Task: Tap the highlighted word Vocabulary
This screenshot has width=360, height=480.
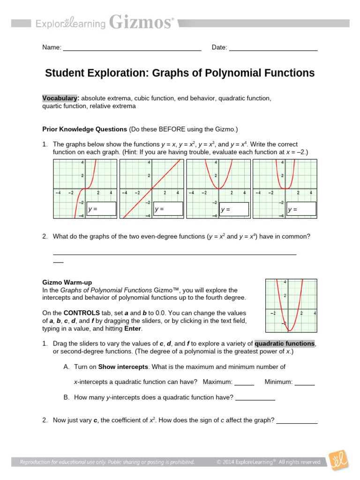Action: point(60,98)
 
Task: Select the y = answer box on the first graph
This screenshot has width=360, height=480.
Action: point(102,209)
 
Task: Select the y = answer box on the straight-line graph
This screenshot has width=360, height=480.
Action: point(168,209)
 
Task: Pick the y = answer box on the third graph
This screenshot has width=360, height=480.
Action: point(234,209)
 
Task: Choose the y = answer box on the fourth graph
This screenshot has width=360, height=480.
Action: point(301,209)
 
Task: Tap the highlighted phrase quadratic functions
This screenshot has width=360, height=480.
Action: point(285,344)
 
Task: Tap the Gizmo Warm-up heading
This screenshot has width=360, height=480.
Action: point(67,282)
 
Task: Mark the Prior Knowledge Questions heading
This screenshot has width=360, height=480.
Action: point(85,129)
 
